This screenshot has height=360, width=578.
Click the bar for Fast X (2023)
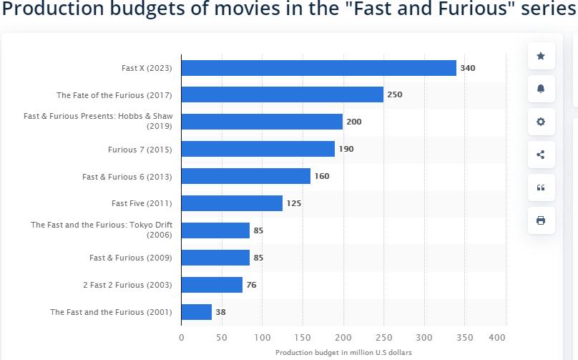[318, 68]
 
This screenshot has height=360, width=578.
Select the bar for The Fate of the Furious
[282, 94]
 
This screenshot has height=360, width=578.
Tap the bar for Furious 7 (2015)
[258, 149]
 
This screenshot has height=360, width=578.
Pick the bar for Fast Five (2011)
[232, 203]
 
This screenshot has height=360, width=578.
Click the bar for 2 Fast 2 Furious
[212, 285]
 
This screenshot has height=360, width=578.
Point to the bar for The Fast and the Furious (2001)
[196, 312]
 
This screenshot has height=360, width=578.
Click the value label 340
[467, 68]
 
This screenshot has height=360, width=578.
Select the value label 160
[322, 176]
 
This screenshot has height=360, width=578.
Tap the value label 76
[251, 285]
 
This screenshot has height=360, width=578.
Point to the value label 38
[220, 312]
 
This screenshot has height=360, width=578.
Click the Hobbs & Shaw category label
[98, 121]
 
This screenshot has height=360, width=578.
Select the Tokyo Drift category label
[102, 230]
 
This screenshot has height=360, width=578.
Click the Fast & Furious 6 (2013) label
[127, 176]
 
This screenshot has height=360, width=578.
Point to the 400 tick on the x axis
[497, 338]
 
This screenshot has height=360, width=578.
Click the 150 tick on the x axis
[303, 338]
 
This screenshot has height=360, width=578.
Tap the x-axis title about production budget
[343, 352]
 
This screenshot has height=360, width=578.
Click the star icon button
[541, 57]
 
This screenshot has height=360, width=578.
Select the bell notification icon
[541, 89]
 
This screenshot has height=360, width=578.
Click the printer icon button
[541, 220]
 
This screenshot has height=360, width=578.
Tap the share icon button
[541, 155]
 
